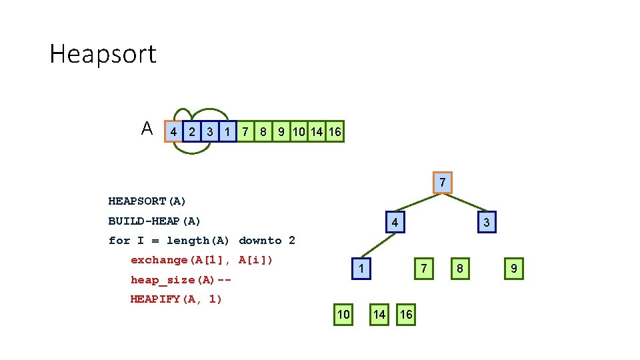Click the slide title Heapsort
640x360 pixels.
click(x=103, y=54)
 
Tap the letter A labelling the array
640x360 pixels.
click(x=147, y=129)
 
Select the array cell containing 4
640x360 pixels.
click(x=173, y=132)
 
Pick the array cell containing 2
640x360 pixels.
click(x=192, y=132)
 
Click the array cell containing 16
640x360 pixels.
click(x=335, y=132)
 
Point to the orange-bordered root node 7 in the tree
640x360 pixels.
click(x=442, y=183)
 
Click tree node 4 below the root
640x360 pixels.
click(x=395, y=222)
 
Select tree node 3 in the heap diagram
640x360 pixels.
click(x=486, y=222)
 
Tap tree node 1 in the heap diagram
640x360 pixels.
click(x=361, y=269)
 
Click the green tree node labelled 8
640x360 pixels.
click(x=459, y=269)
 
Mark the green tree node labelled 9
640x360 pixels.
click(x=513, y=269)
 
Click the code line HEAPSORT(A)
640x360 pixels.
click(x=147, y=201)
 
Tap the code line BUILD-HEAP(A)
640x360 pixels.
click(x=155, y=221)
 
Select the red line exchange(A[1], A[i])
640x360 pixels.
click(x=202, y=260)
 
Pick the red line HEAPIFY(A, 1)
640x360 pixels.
click(x=176, y=299)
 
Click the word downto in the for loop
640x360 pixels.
click(x=260, y=241)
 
